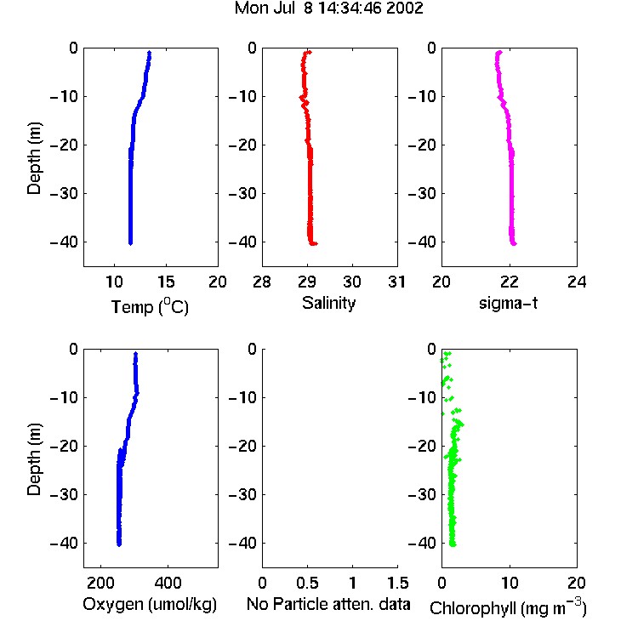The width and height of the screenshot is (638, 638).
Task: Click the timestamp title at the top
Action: click(x=328, y=8)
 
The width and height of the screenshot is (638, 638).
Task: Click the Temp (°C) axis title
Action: click(x=150, y=306)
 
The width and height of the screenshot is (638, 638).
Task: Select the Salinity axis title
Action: click(x=328, y=303)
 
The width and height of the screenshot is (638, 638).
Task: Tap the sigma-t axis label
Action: click(x=508, y=303)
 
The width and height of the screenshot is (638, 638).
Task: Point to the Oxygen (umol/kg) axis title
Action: click(x=150, y=605)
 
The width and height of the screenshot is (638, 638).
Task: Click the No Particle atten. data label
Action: click(x=328, y=604)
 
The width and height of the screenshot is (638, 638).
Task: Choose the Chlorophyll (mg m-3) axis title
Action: click(x=508, y=607)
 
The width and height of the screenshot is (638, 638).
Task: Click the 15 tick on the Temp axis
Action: click(x=166, y=282)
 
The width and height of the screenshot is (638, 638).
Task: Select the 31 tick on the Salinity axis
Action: click(x=396, y=282)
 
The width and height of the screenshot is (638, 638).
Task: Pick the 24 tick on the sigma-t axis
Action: click(x=577, y=282)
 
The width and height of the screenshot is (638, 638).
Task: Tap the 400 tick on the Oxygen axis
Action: click(x=168, y=583)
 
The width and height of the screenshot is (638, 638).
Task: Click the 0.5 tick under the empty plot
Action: click(x=307, y=583)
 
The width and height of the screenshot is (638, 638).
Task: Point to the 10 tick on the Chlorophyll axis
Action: click(x=510, y=583)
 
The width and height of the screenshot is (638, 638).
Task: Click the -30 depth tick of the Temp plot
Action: click(x=64, y=193)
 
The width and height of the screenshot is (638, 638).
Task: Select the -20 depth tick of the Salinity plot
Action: click(x=242, y=145)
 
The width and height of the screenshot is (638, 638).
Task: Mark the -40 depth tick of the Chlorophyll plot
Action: click(x=422, y=543)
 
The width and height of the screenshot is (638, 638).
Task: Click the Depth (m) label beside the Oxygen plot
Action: click(x=34, y=459)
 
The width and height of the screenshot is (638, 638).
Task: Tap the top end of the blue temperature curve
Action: click(x=150, y=52)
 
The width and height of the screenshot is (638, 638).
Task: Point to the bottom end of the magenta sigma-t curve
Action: click(x=515, y=244)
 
